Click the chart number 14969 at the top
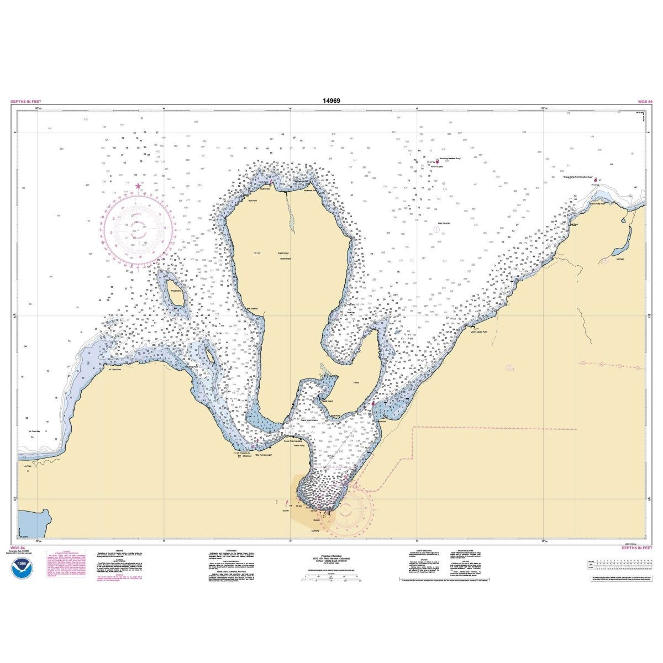(331, 101)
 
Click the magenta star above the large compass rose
(138, 186)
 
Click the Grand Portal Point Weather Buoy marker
(594, 180)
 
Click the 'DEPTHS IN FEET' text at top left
(25, 102)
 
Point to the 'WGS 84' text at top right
(645, 102)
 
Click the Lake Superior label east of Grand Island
(444, 224)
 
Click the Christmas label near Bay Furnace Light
(247, 456)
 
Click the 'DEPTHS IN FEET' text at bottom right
(637, 548)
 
